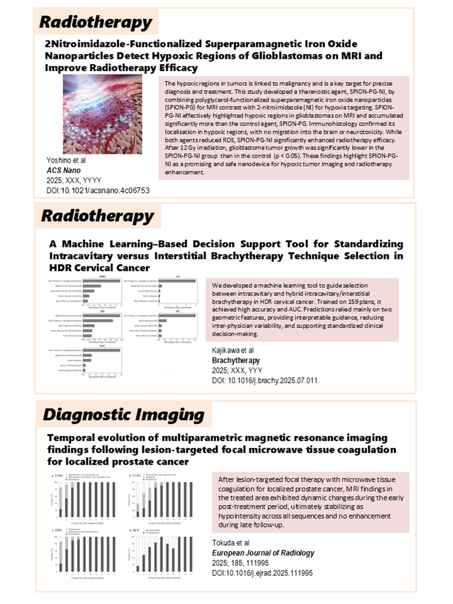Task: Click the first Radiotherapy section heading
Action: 95,22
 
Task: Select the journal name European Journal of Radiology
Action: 263,553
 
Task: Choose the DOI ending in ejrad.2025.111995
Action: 262,572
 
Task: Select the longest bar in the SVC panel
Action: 102,350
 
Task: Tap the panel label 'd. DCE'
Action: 136,531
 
